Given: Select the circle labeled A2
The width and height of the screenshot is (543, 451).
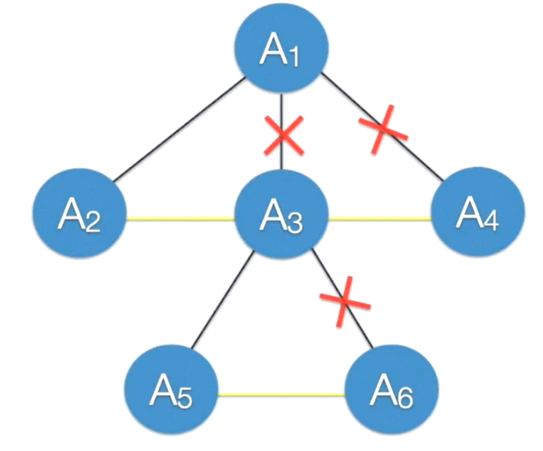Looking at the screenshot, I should pyautogui.click(x=80, y=215).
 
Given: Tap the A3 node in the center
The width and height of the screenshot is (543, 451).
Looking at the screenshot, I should pyautogui.click(x=282, y=217).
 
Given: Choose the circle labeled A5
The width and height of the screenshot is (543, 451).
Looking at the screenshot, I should pyautogui.click(x=171, y=394).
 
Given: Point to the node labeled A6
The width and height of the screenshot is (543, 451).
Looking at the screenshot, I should pyautogui.click(x=392, y=394).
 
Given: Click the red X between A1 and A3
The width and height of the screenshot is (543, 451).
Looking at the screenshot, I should pyautogui.click(x=284, y=135).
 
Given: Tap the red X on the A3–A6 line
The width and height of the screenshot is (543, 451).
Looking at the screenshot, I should pyautogui.click(x=344, y=301).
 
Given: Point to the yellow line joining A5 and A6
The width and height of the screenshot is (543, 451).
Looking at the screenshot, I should pyautogui.click(x=281, y=396).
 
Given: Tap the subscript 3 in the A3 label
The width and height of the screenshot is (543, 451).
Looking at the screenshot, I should pyautogui.click(x=295, y=225).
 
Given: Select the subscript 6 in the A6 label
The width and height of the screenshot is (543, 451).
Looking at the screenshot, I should pyautogui.click(x=405, y=401).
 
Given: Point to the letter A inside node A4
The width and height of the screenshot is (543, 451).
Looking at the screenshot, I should pyautogui.click(x=469, y=212).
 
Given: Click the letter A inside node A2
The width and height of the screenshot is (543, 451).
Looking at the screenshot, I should pyautogui.click(x=71, y=214).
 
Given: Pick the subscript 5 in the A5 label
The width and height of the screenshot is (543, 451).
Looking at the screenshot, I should pyautogui.click(x=184, y=401).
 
